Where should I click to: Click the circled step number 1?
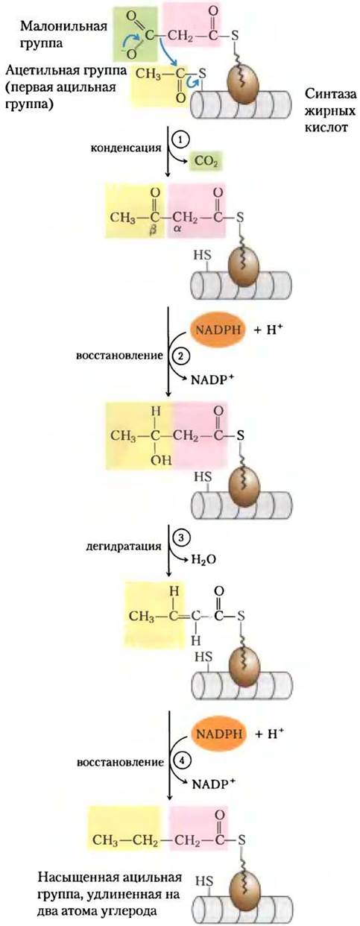[180, 140]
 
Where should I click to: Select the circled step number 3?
[180, 538]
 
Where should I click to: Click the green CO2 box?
[206, 161]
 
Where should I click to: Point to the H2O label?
[203, 559]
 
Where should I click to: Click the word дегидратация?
[124, 546]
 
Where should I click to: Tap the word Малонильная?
[63, 26]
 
